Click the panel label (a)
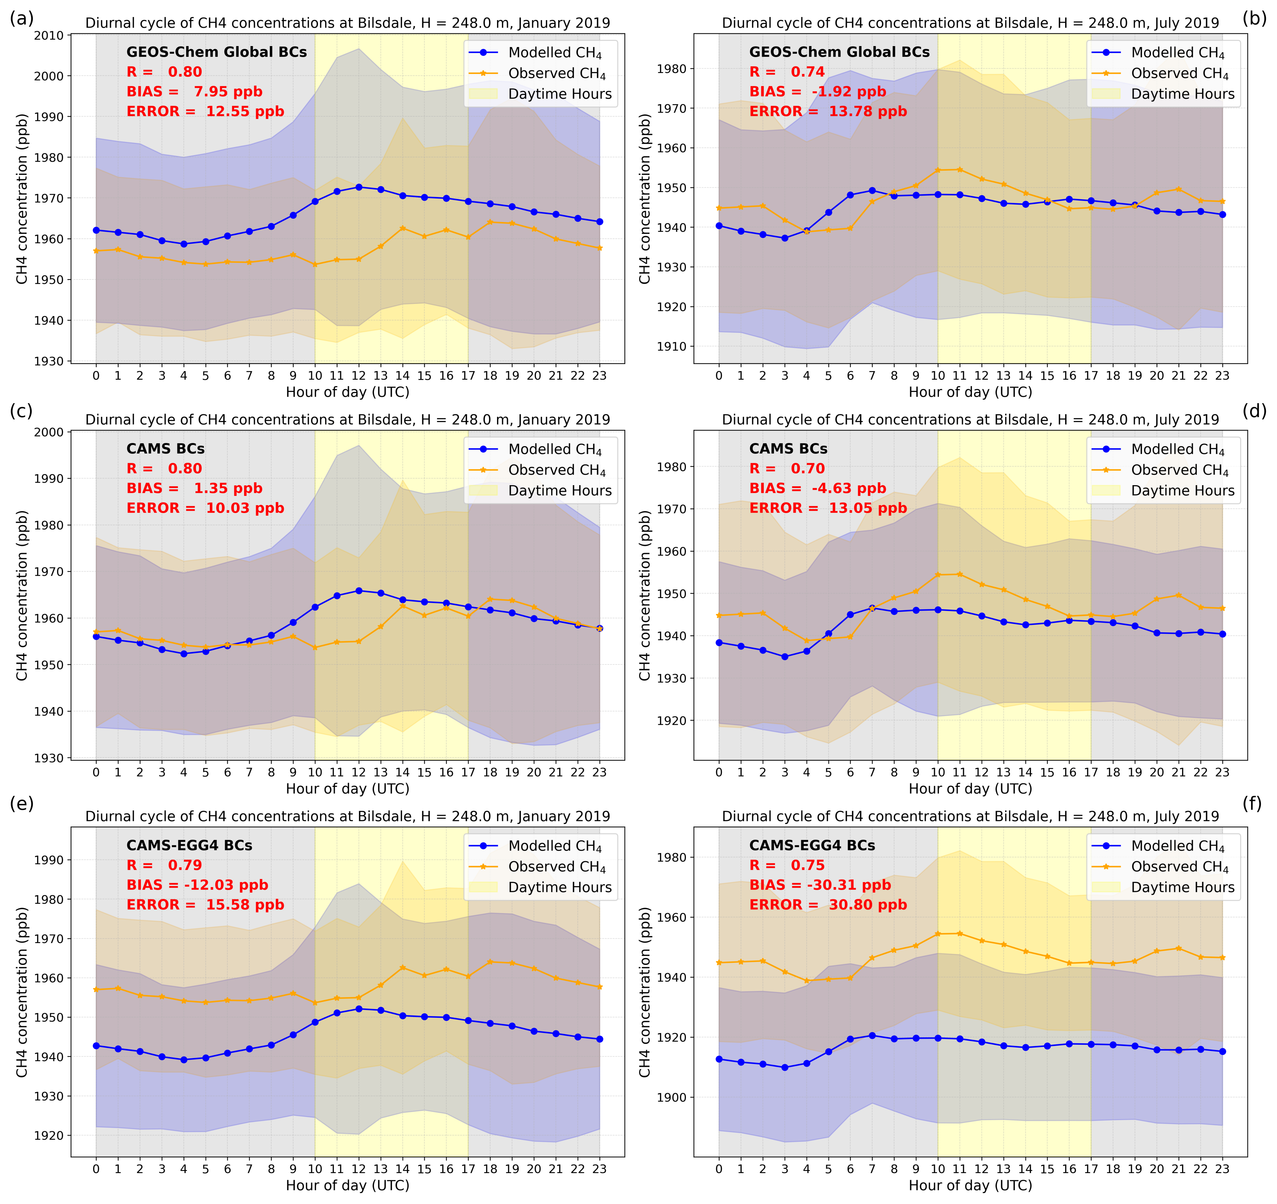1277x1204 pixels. (21, 19)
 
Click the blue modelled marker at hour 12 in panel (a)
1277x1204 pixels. (358, 187)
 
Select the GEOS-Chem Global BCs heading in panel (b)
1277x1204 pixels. (839, 52)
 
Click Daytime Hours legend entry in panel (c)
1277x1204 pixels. (559, 491)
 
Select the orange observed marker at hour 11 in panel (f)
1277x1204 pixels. (960, 933)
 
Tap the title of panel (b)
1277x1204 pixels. (970, 23)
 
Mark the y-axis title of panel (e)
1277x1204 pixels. (23, 992)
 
